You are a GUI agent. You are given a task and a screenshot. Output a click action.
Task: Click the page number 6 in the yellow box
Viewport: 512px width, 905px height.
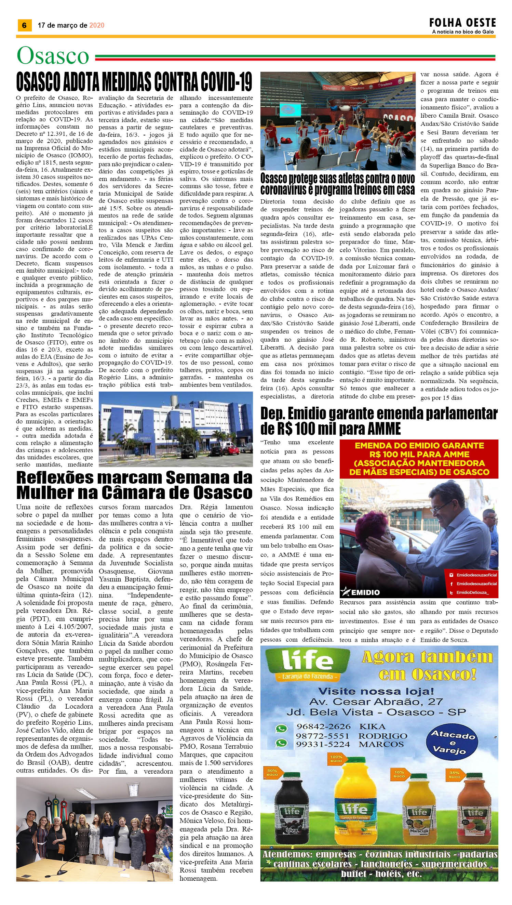(x=24, y=25)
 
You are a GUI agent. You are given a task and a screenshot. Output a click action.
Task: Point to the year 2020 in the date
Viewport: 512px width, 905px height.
(x=97, y=25)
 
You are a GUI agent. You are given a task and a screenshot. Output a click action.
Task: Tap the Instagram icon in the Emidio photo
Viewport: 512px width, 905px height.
(x=451, y=575)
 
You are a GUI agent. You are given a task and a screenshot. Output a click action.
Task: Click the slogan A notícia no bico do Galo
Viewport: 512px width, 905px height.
(x=463, y=32)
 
